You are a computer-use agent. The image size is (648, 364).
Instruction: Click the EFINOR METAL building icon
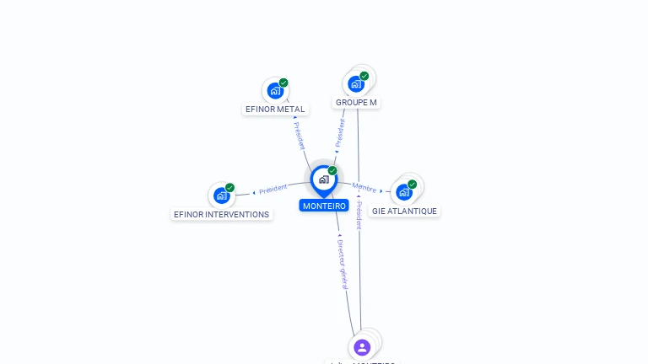click(x=275, y=90)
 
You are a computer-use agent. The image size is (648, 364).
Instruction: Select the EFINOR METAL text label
click(x=275, y=109)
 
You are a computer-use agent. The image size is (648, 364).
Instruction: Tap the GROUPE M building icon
click(x=356, y=83)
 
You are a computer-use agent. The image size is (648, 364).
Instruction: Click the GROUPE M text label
click(x=356, y=103)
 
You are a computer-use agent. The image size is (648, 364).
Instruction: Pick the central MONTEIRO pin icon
click(x=323, y=179)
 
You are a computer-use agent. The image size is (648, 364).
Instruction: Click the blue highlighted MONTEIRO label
click(x=324, y=206)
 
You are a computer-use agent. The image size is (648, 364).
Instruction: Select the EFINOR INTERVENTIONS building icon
click(x=222, y=195)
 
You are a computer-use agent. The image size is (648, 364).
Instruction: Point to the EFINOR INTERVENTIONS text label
click(x=221, y=214)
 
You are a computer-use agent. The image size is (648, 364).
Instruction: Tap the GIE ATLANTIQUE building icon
click(x=404, y=192)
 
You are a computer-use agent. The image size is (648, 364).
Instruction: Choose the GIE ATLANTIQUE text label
click(x=404, y=211)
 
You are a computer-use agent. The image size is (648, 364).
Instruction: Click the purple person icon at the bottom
click(x=362, y=346)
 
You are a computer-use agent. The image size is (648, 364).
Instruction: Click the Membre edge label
click(x=364, y=187)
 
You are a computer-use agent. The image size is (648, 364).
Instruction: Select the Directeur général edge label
click(x=342, y=265)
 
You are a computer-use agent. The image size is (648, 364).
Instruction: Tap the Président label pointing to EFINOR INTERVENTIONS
click(x=273, y=190)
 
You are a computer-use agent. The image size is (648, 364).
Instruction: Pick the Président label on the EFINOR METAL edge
click(x=300, y=136)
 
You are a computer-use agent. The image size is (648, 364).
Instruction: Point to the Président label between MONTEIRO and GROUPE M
click(x=340, y=132)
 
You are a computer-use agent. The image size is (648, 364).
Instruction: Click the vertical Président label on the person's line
click(x=359, y=214)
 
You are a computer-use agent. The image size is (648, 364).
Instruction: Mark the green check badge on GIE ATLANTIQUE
click(x=412, y=185)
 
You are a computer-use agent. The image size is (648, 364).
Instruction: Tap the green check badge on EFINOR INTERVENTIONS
click(x=229, y=188)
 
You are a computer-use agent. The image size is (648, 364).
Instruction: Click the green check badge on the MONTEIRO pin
click(x=332, y=171)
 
